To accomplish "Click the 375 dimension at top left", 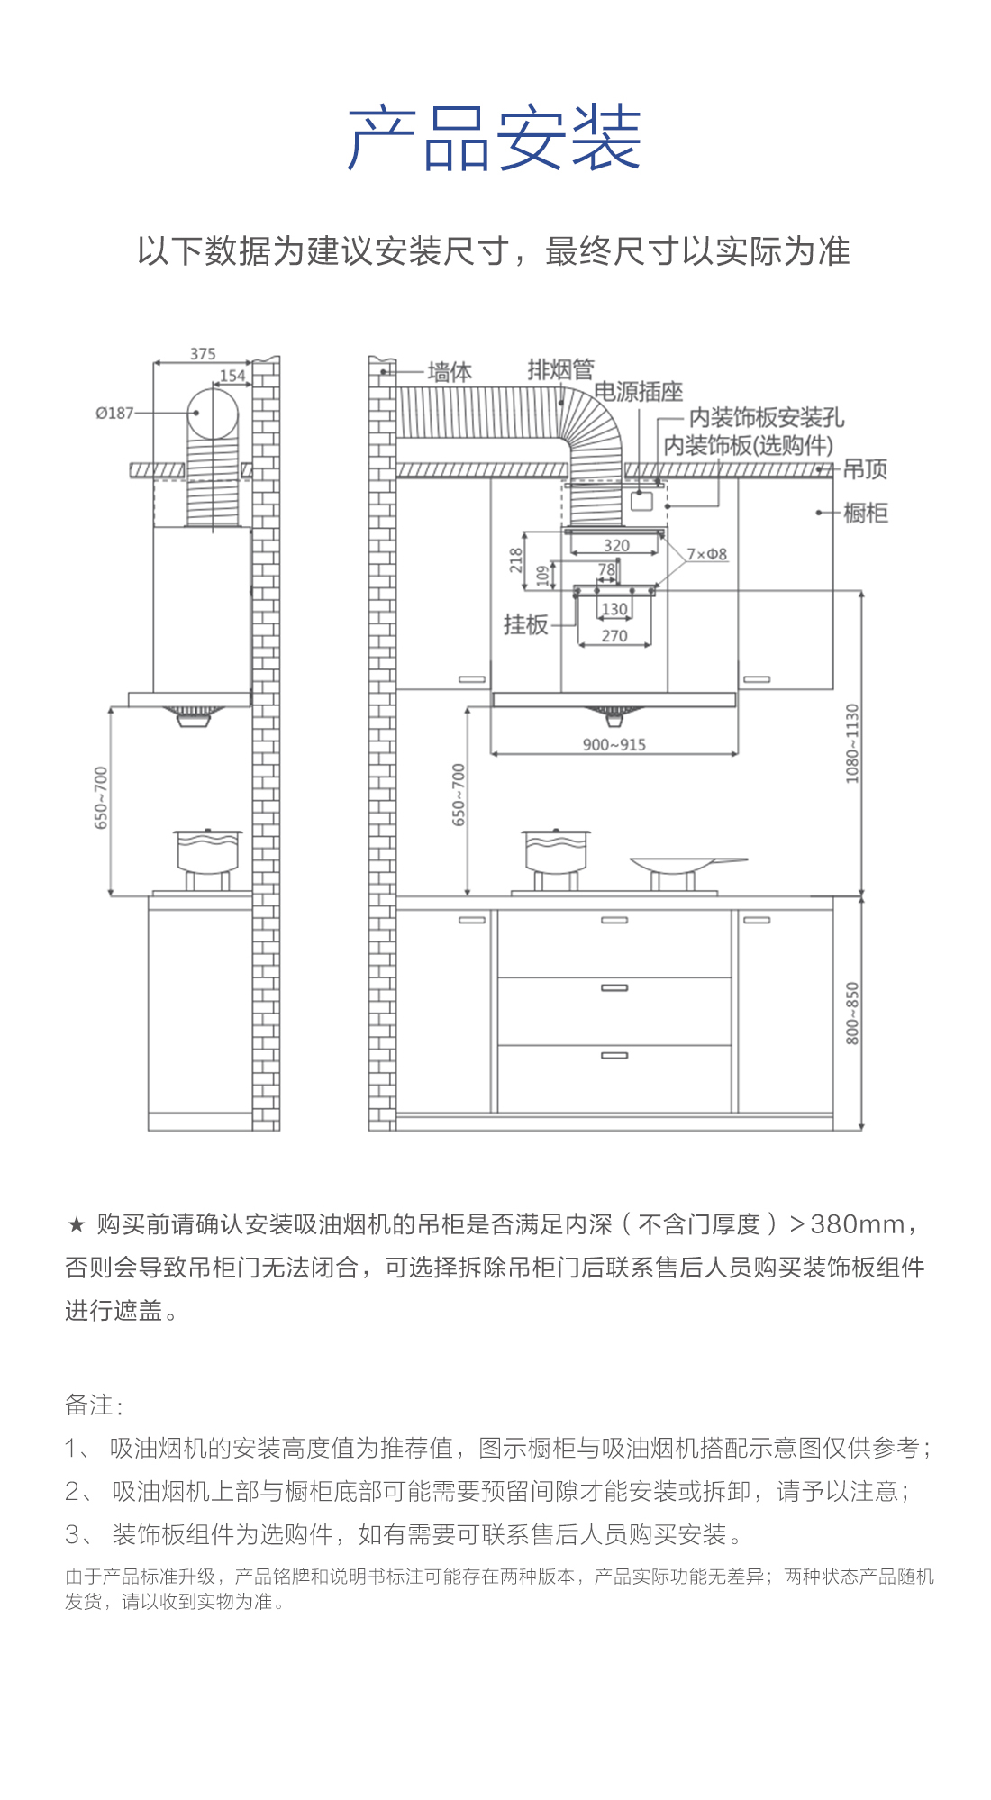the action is (203, 354).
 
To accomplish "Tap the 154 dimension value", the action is (232, 376).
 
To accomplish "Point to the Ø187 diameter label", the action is (114, 413).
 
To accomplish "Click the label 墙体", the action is (450, 372).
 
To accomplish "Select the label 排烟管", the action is (560, 369).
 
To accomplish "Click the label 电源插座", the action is (639, 392).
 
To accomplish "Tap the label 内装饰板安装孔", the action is (767, 418).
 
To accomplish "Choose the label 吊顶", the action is (865, 469).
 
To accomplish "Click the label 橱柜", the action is (866, 513).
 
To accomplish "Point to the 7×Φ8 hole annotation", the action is (707, 554).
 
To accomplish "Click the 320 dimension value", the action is (616, 545).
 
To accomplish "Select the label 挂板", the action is (526, 624).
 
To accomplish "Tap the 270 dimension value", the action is (614, 636).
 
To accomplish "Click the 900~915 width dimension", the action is (614, 745).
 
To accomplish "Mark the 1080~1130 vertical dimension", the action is (852, 743).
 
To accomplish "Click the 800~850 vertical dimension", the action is (852, 1014).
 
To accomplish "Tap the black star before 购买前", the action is (77, 1224).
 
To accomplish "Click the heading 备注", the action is (94, 1405).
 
